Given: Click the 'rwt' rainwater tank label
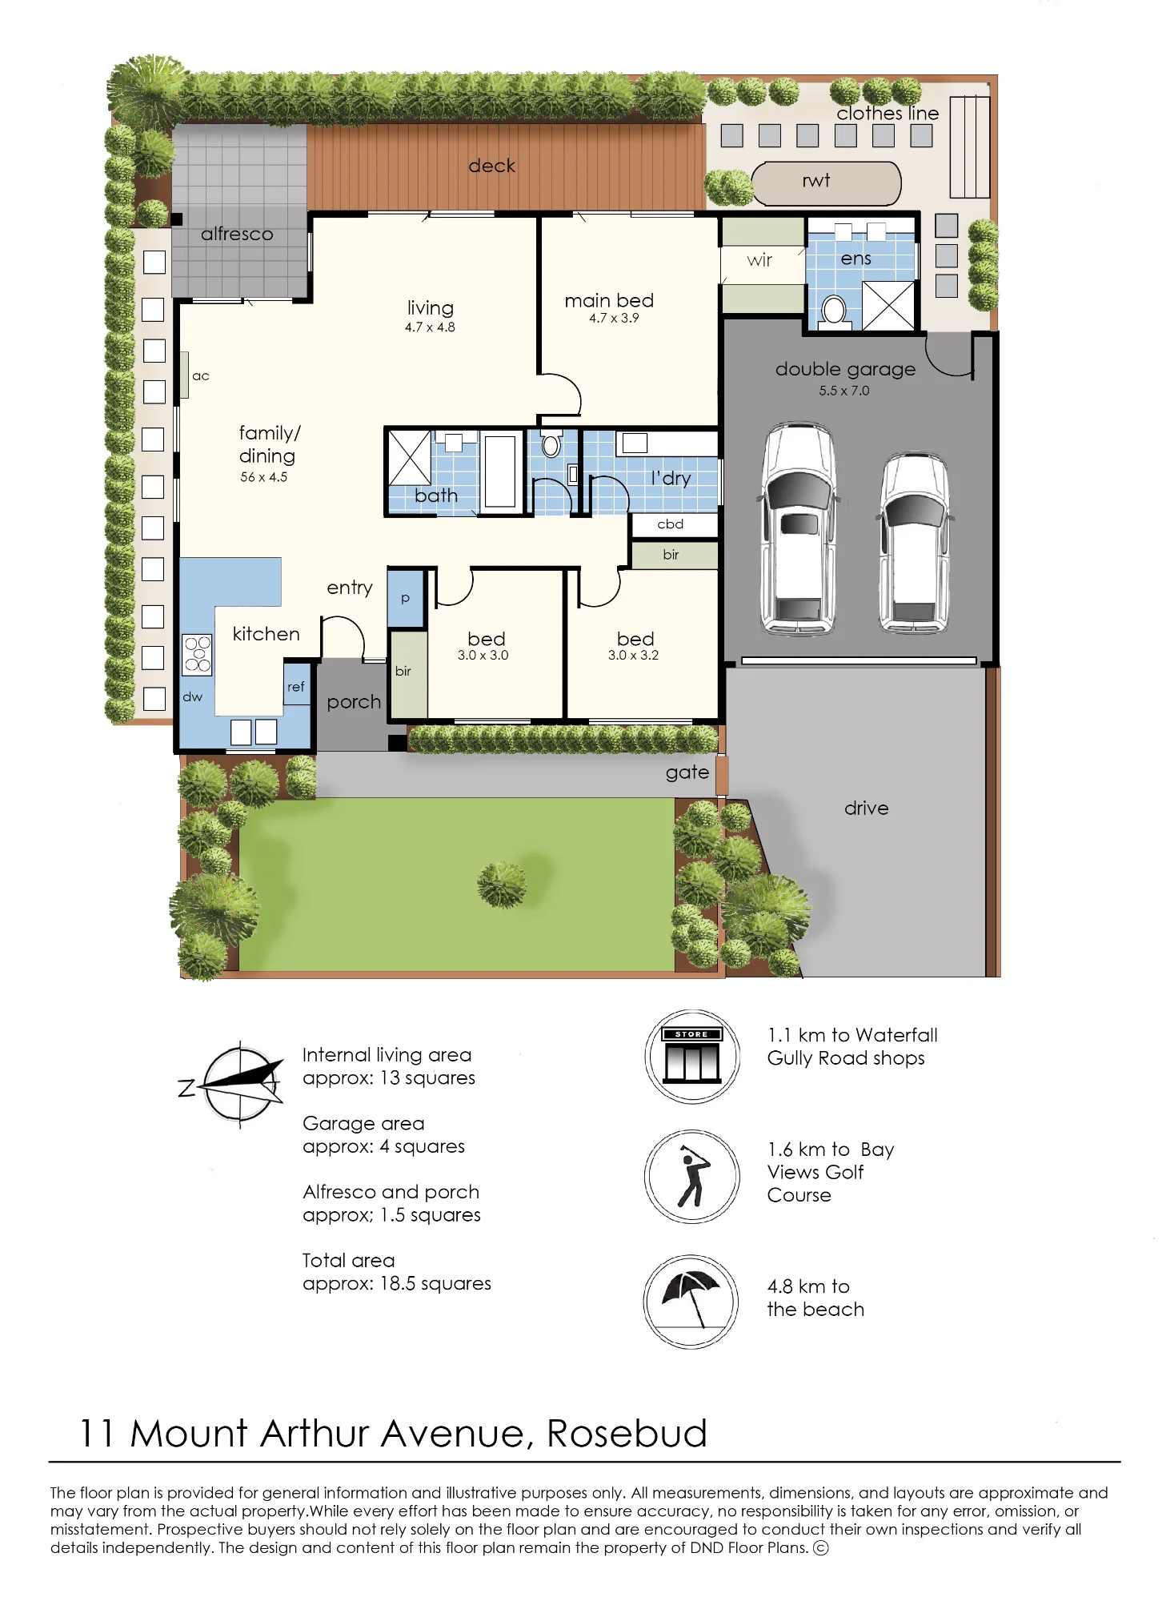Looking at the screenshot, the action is (x=815, y=181).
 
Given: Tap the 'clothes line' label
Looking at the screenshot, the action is (x=888, y=114).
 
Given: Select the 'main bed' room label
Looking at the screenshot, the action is (x=609, y=300).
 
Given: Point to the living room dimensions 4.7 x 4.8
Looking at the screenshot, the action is (x=430, y=327).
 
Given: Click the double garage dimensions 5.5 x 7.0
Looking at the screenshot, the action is (x=843, y=391).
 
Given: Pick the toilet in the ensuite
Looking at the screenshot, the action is (x=834, y=310).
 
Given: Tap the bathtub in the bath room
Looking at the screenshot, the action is (x=500, y=471).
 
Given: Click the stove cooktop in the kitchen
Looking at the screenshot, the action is (x=198, y=654).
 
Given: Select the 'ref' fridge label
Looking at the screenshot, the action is (x=296, y=687).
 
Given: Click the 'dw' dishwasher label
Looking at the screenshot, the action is (x=193, y=697).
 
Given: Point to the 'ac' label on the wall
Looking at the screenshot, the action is (x=201, y=376).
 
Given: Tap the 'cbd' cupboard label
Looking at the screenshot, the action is (x=671, y=524).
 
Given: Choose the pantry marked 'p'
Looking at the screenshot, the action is (x=406, y=598).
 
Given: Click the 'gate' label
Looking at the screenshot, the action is (x=687, y=772).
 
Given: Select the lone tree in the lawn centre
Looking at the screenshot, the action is (x=502, y=885).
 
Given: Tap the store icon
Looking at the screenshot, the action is (x=692, y=1057).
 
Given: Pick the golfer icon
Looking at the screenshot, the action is (x=692, y=1177).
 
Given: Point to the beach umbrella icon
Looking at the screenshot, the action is (x=691, y=1302).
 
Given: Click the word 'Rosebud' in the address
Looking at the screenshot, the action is (x=627, y=1433).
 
